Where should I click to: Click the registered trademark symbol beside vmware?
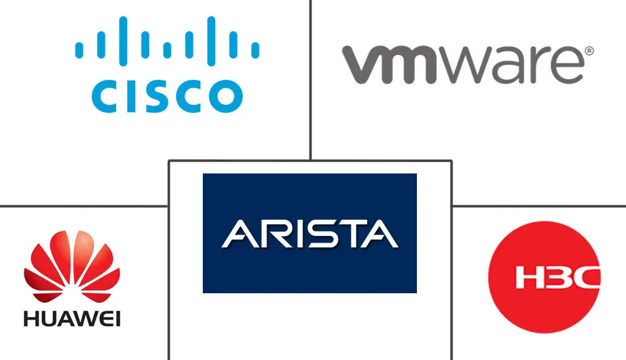pyautogui.click(x=589, y=51)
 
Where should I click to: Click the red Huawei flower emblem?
pyautogui.click(x=71, y=266)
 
